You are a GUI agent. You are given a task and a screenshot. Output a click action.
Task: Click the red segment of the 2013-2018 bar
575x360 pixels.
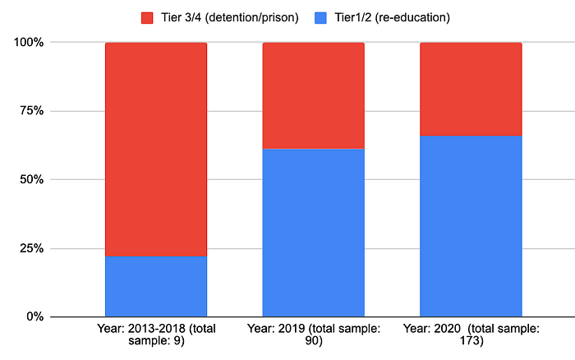[x=156, y=150]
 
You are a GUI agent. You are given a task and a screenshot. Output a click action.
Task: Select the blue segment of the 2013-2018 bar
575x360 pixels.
[x=156, y=286]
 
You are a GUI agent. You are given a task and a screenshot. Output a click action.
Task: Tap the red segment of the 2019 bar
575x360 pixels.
[x=314, y=96]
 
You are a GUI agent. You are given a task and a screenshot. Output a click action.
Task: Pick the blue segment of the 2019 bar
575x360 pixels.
[x=314, y=233]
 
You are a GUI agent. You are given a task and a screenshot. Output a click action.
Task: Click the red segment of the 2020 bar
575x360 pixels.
[x=471, y=89]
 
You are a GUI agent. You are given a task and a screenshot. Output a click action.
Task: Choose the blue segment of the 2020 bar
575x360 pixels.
[x=471, y=226]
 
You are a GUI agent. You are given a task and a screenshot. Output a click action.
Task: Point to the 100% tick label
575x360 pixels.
[x=29, y=42]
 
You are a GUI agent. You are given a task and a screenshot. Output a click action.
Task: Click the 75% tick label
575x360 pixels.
[x=32, y=110]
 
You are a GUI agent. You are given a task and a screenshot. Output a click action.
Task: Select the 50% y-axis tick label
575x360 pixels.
[x=32, y=179]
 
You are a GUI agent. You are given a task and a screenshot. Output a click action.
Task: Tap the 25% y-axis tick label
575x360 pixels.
[x=32, y=248]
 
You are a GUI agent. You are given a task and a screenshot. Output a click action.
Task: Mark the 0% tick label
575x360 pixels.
[x=35, y=316]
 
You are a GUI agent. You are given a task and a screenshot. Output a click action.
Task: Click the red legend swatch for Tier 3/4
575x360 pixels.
[x=147, y=18]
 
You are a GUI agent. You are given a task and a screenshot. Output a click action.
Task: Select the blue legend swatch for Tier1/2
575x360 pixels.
[x=320, y=18]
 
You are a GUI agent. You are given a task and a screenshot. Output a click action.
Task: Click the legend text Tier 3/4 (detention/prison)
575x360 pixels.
[x=230, y=17]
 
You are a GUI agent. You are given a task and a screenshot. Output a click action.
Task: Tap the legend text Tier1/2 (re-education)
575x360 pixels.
[x=392, y=17]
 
